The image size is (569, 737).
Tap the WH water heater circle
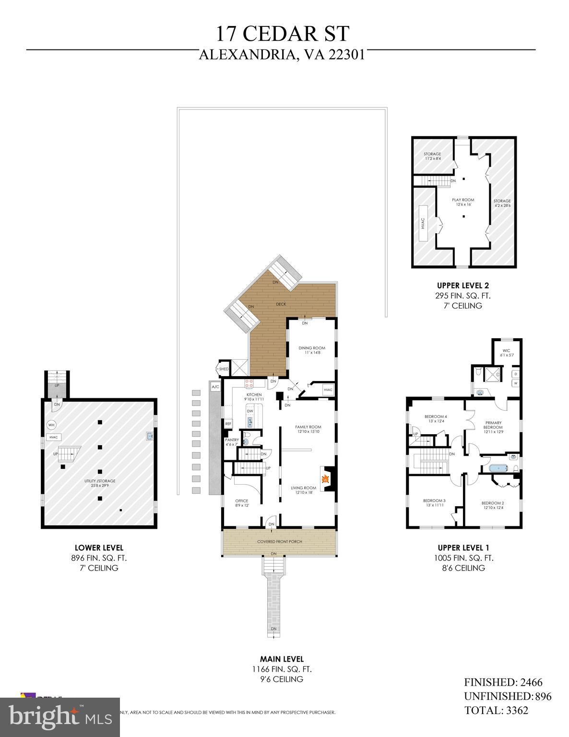point(51,425)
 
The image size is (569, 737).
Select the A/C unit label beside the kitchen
point(214,387)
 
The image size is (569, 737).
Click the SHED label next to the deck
point(224,369)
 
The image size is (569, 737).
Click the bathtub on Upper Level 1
point(496,468)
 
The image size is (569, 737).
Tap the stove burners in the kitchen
point(249,383)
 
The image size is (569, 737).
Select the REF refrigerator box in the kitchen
point(228,424)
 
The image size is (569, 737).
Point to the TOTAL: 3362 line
point(496,723)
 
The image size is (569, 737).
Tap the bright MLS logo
point(60,716)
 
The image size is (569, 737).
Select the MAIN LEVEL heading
point(282,659)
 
